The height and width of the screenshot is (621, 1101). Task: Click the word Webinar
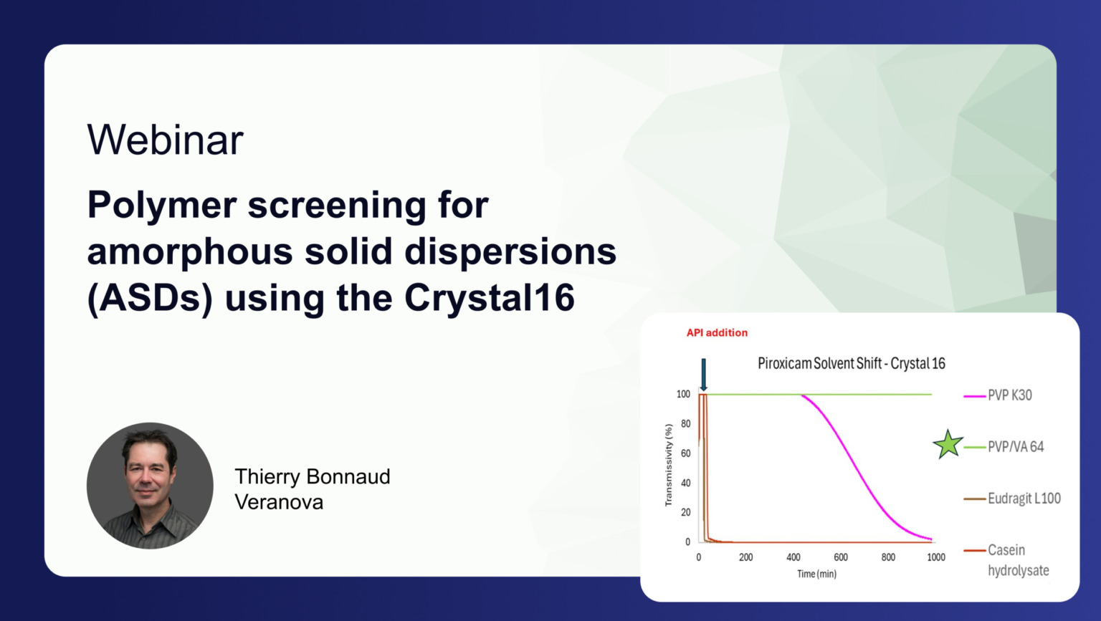[x=165, y=140]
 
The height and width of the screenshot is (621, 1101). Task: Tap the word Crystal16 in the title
[x=489, y=297]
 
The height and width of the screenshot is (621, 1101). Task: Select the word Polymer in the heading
[x=162, y=206]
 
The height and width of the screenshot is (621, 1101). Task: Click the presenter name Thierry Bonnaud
[x=313, y=476]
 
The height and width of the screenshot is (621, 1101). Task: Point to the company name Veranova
[x=279, y=502]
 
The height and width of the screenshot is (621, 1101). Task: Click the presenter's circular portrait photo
[x=150, y=486]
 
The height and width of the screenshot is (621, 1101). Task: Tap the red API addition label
[x=717, y=332]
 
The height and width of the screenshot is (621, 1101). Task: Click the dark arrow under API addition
[x=703, y=375]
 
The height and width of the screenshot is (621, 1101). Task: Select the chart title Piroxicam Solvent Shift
[x=819, y=364]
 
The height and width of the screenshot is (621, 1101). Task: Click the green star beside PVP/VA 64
[x=947, y=445]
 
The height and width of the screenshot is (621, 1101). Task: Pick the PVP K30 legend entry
[x=998, y=395]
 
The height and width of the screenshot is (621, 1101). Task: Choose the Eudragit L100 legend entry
[x=1012, y=499]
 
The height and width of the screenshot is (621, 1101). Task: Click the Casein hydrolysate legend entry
[x=1006, y=560]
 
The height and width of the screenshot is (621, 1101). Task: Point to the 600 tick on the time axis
[x=841, y=557]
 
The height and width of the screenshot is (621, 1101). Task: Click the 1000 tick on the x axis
[x=936, y=557]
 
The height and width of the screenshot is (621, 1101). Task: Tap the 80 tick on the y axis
[x=686, y=423]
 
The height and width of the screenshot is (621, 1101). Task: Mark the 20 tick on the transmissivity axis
[x=686, y=512]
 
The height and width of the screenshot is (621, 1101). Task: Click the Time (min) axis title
[x=816, y=574]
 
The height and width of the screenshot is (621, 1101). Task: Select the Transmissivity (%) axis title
[x=668, y=465]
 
